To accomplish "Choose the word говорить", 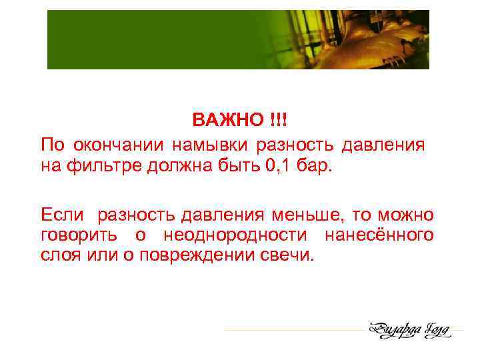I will point(79,235).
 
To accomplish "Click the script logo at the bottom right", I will point(411,329).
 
